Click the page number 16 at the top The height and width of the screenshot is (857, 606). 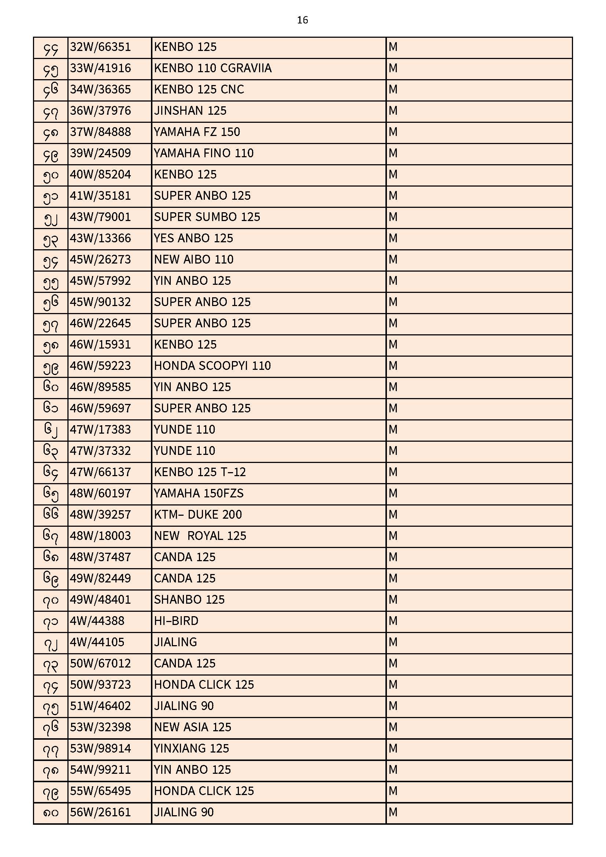pyautogui.click(x=302, y=20)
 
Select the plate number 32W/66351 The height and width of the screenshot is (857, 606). pyautogui.click(x=100, y=47)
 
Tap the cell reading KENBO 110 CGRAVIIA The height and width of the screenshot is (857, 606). pyautogui.click(x=213, y=68)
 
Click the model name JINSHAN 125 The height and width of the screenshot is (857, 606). pyautogui.click(x=190, y=111)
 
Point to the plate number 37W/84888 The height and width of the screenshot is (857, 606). pyautogui.click(x=100, y=132)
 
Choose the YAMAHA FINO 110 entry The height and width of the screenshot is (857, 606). pyautogui.click(x=203, y=154)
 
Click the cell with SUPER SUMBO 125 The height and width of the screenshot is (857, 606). pyautogui.click(x=207, y=217)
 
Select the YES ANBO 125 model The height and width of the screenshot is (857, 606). pyautogui.click(x=193, y=239)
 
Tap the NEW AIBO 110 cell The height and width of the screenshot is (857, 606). pyautogui.click(x=193, y=260)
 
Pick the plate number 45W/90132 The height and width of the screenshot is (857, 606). pyautogui.click(x=100, y=302)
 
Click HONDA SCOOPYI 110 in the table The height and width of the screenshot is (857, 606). pyautogui.click(x=213, y=366)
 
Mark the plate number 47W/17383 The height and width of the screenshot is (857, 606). pyautogui.click(x=100, y=430)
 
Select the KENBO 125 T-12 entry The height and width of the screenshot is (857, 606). pyautogui.click(x=200, y=472)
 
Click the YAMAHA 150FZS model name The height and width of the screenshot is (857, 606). pyautogui.click(x=199, y=494)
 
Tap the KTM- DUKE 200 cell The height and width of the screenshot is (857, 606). pyautogui.click(x=198, y=515)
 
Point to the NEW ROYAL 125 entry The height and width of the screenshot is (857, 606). pyautogui.click(x=200, y=536)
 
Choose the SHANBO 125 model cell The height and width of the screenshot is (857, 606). pyautogui.click(x=189, y=600)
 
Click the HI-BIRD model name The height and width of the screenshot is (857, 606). pyautogui.click(x=176, y=621)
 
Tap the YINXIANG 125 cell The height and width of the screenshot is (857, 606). pyautogui.click(x=191, y=749)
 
